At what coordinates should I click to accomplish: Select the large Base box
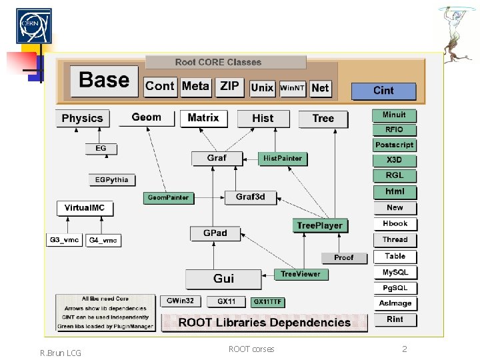pyautogui.click(x=104, y=81)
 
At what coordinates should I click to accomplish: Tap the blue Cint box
pyautogui.click(x=383, y=91)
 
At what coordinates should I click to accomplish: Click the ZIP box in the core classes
pyautogui.click(x=229, y=87)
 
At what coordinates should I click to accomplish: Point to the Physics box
pyautogui.click(x=83, y=119)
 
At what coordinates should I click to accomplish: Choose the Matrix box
pyautogui.click(x=203, y=118)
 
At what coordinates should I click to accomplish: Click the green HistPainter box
pyautogui.click(x=283, y=159)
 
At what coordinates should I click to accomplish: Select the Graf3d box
pyautogui.click(x=250, y=197)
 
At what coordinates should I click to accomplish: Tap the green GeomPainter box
pyautogui.click(x=168, y=197)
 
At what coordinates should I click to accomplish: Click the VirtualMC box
pyautogui.click(x=85, y=208)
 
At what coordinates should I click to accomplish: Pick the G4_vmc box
pyautogui.click(x=103, y=240)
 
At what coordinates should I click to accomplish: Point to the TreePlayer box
pyautogui.click(x=319, y=226)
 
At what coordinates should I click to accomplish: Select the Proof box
pyautogui.click(x=343, y=257)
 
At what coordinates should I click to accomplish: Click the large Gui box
pyautogui.click(x=223, y=278)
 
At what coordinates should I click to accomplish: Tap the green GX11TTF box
pyautogui.click(x=267, y=302)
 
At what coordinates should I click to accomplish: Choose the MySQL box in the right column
pyautogui.click(x=395, y=273)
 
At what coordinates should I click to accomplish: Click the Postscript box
pyautogui.click(x=395, y=145)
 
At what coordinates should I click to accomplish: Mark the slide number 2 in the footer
pyautogui.click(x=404, y=349)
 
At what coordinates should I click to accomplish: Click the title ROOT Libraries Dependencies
pyautogui.click(x=264, y=323)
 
